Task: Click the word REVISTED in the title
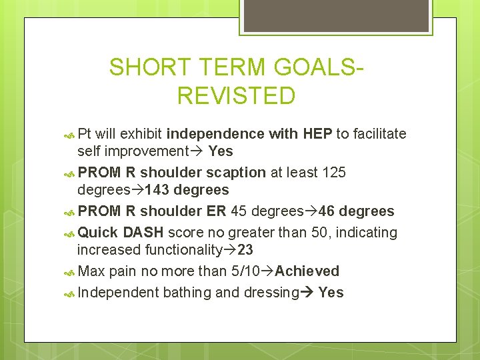(x=236, y=96)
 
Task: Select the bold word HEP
(x=317, y=134)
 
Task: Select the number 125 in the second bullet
(x=333, y=173)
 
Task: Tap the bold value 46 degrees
(x=357, y=212)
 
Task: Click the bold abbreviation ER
(x=217, y=212)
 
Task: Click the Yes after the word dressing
(x=331, y=292)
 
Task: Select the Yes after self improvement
(x=221, y=151)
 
